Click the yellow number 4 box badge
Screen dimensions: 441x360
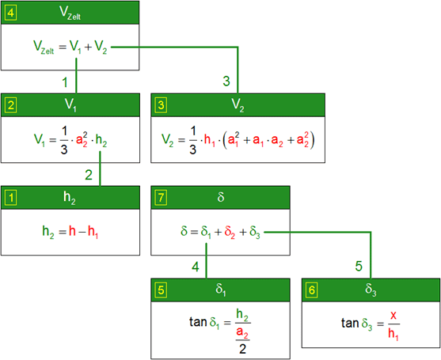pos(11,13)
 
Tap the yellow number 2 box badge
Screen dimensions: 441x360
pos(11,105)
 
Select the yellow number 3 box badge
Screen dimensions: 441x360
pos(161,105)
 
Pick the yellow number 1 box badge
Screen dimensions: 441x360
pos(11,198)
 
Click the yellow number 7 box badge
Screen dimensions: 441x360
pos(161,198)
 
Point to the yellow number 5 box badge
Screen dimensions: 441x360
pos(161,290)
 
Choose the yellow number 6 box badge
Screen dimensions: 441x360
pos(312,290)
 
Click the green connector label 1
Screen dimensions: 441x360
pos(65,82)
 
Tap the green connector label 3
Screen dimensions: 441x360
pos(226,81)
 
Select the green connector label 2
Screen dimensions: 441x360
pos(89,175)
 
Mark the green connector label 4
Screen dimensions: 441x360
pos(196,267)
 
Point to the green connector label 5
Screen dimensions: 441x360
pos(359,266)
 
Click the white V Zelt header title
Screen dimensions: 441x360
pos(70,13)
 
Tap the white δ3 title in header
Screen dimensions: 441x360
pos(371,290)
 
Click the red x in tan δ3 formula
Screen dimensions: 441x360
pos(393,316)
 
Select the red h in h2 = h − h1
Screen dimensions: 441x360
pos(72,231)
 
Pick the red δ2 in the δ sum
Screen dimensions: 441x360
pos(230,233)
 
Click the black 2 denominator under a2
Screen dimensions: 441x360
pos(242,349)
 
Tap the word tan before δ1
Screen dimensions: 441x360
pos(198,322)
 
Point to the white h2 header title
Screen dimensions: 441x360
pos(69,198)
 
